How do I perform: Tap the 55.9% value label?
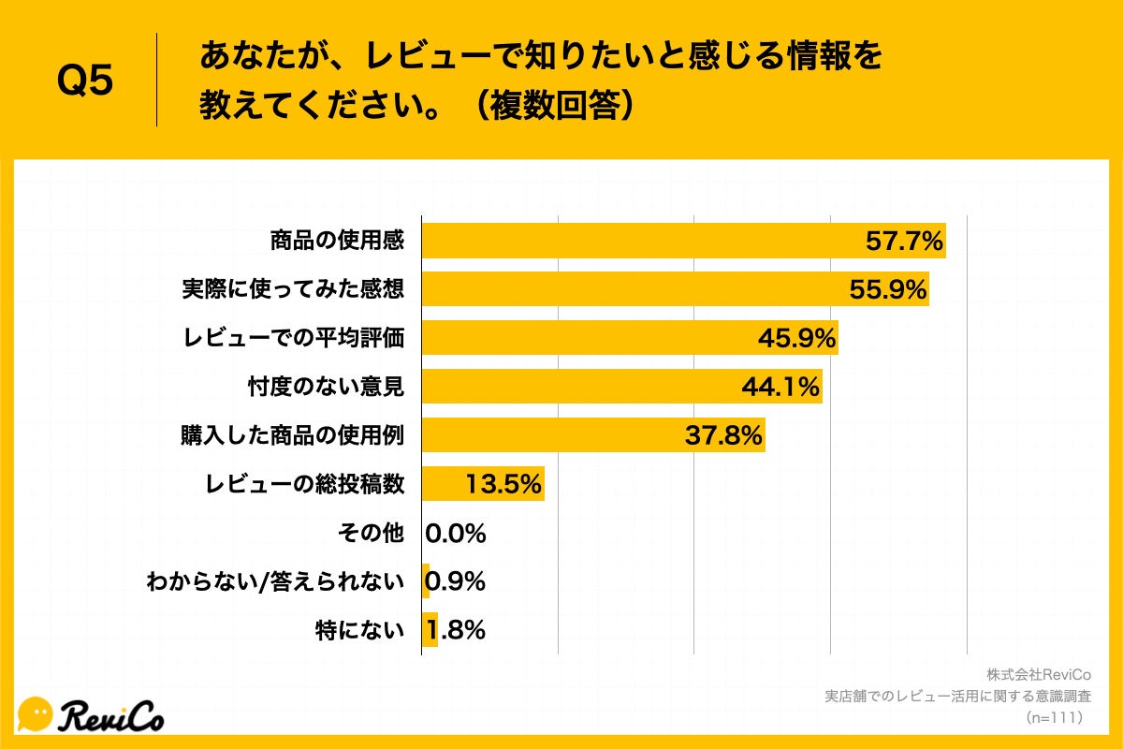click(887, 289)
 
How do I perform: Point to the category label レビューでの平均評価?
click(293, 338)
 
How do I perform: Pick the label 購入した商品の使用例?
click(292, 435)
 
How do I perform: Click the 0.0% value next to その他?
click(456, 534)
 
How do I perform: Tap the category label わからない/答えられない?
click(275, 582)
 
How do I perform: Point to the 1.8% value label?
click(456, 630)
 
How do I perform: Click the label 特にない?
click(359, 630)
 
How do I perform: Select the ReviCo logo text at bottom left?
click(112, 715)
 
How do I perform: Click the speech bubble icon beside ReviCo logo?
click(36, 714)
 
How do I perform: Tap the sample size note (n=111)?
click(1054, 718)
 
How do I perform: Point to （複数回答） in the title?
click(552, 106)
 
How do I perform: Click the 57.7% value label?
click(903, 241)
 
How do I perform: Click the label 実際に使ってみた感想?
click(293, 289)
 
